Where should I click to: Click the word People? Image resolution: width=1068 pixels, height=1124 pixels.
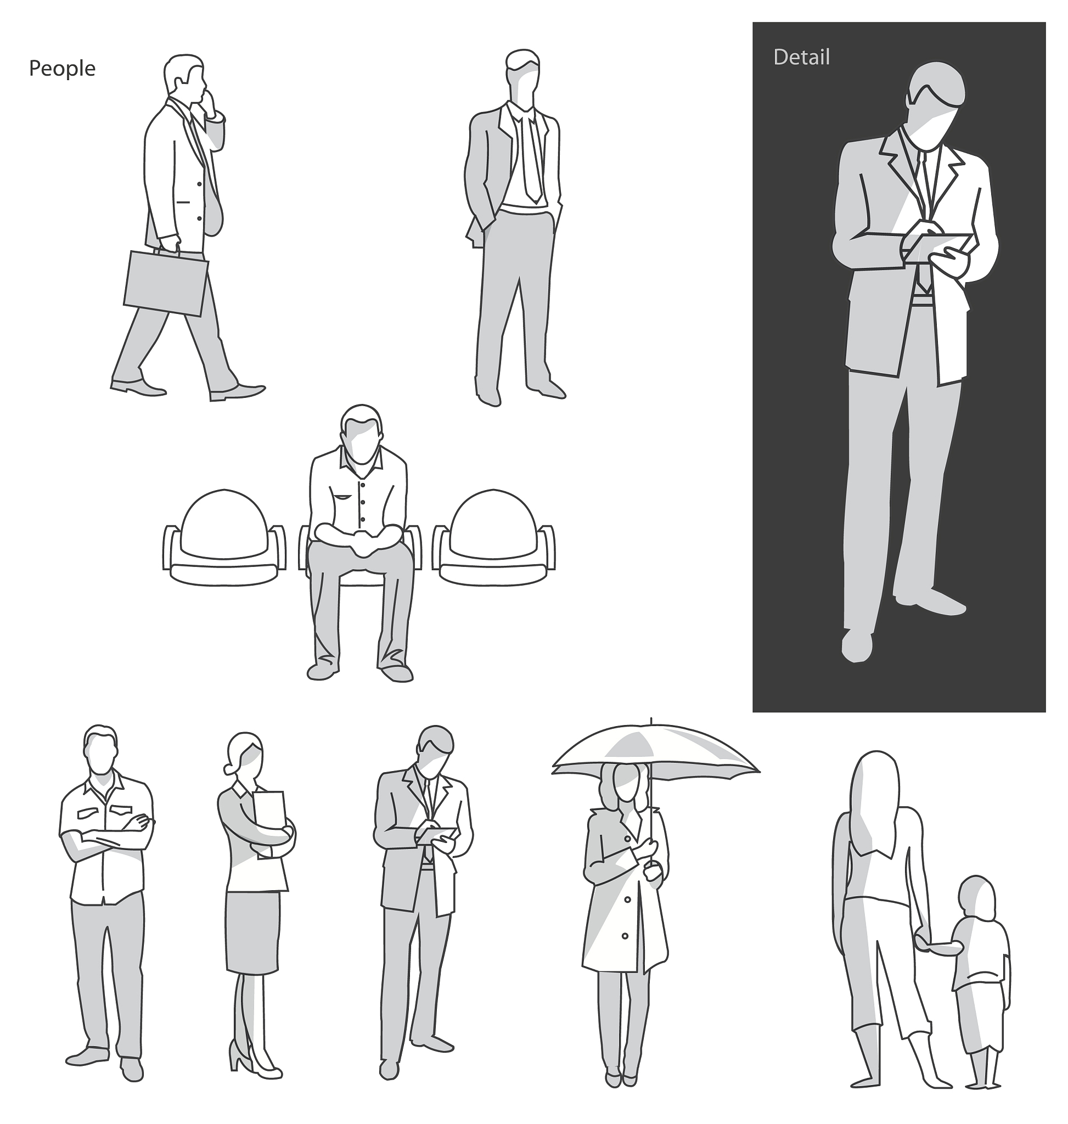(x=62, y=69)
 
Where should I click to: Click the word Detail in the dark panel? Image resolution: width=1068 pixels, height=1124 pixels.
(x=801, y=57)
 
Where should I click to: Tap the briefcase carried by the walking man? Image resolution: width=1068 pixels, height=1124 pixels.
(x=166, y=283)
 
